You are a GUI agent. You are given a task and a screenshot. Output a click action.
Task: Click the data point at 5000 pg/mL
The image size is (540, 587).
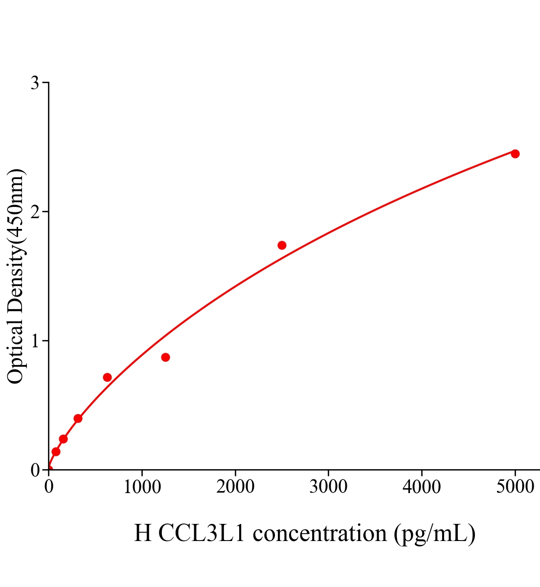[515, 154]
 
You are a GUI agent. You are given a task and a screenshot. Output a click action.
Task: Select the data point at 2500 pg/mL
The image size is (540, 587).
[282, 245]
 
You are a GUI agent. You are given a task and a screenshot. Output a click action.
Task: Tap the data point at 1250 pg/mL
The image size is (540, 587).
[165, 357]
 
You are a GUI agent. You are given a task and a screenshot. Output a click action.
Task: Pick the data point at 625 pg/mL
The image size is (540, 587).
[107, 377]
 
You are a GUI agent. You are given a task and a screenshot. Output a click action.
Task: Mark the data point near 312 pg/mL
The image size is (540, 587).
[78, 418]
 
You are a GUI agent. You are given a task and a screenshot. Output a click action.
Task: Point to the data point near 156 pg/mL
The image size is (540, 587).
[63, 439]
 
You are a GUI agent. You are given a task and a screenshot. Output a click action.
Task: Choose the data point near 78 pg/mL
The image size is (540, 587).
[56, 452]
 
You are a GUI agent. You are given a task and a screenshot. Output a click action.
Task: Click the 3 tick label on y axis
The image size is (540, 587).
[35, 83]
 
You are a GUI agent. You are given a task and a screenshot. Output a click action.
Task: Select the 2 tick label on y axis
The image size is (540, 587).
[35, 212]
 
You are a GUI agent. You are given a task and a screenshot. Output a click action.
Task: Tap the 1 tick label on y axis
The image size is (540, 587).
[35, 341]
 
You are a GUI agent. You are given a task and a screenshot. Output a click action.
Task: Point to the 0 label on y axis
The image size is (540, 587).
[35, 470]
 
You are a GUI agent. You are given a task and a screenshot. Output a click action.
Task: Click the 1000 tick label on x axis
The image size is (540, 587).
[142, 487]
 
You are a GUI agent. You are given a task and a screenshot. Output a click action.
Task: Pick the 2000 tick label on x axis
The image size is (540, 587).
[235, 487]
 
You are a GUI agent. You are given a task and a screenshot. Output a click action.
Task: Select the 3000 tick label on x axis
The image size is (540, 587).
[328, 487]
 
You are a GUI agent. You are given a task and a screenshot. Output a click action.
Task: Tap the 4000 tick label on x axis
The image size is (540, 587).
[422, 487]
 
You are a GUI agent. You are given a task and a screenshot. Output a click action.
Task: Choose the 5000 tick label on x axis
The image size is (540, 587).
[515, 487]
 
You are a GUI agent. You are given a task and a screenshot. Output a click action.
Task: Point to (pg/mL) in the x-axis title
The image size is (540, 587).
[434, 534]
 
